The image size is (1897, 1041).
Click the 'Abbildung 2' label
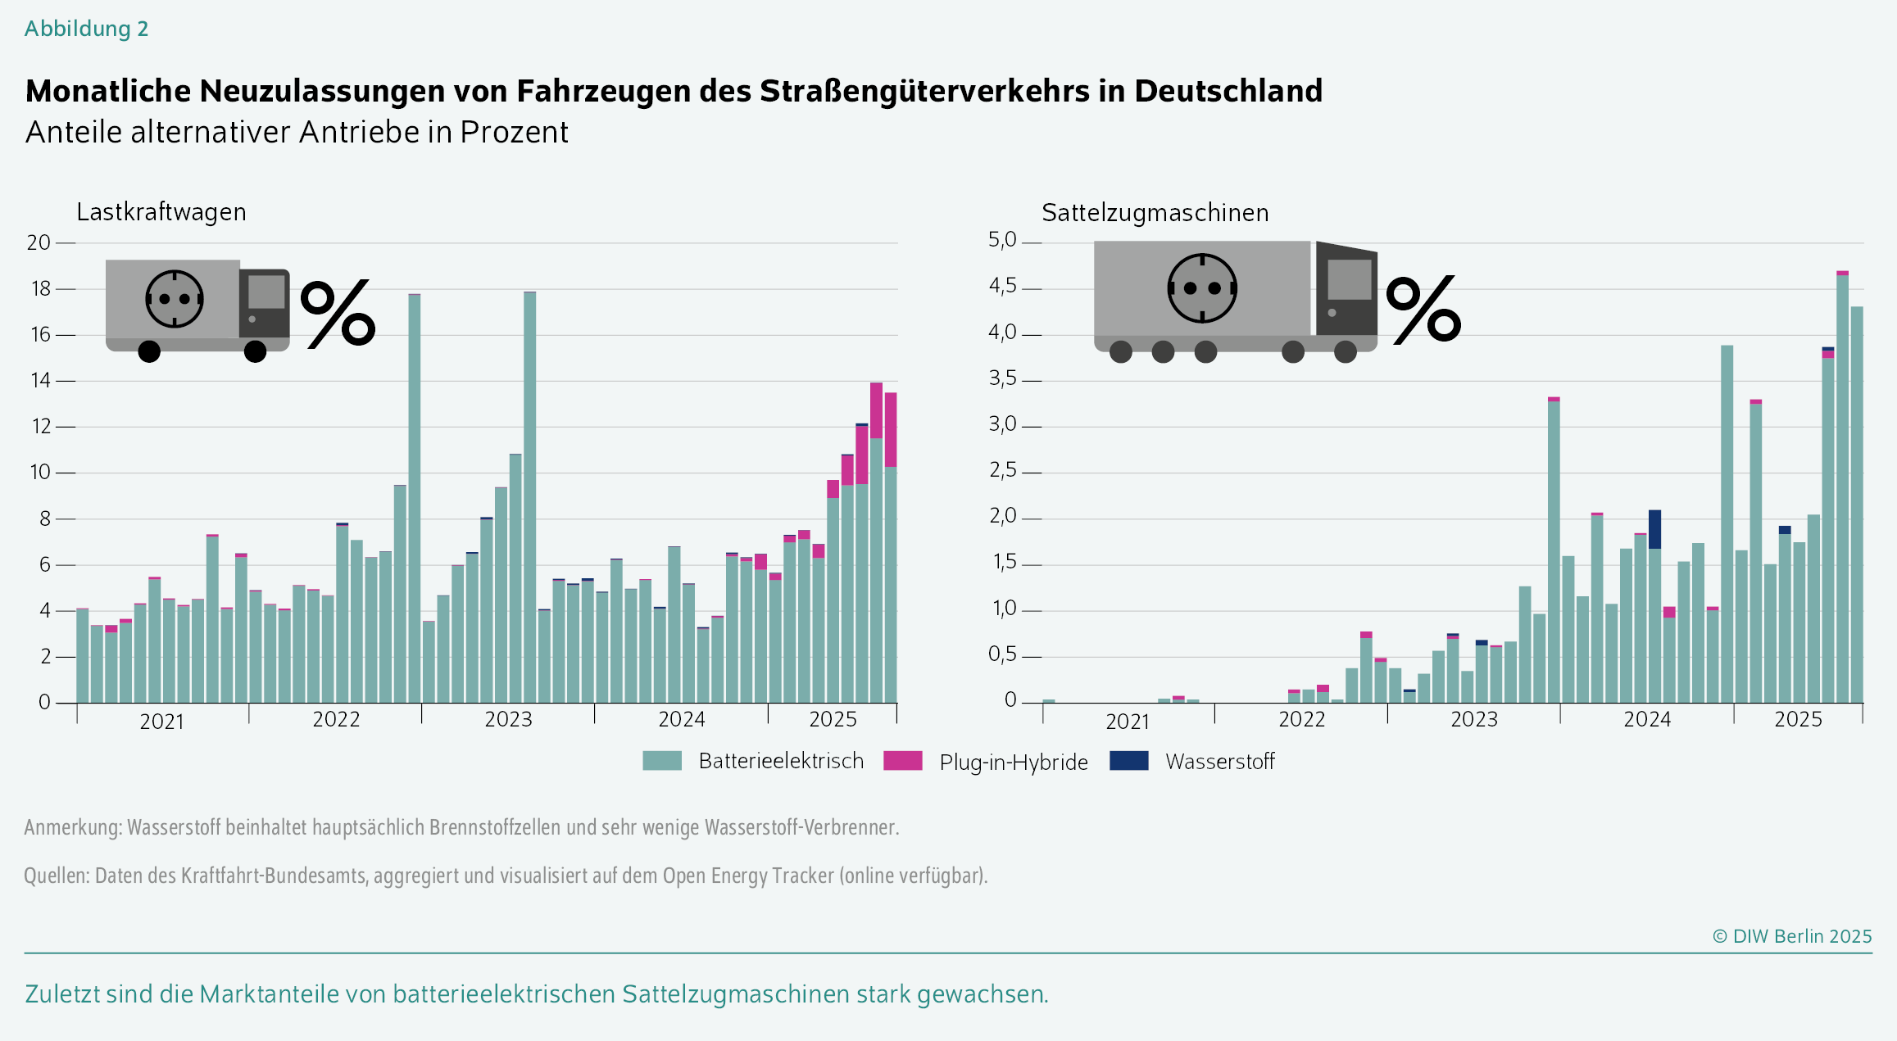(86, 29)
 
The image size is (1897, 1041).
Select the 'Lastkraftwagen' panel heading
(161, 212)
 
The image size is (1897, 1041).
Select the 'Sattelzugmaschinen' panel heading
(1155, 213)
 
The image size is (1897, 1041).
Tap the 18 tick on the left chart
(41, 289)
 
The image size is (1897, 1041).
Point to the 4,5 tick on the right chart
(1002, 286)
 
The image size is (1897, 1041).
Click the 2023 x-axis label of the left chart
(508, 720)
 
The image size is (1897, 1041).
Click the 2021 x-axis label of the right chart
(1128, 722)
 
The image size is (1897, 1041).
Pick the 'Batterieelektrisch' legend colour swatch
(662, 761)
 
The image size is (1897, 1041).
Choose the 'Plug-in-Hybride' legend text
(1013, 763)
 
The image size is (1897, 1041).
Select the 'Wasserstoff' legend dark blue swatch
(1128, 761)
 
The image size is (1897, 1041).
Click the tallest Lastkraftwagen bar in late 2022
(415, 491)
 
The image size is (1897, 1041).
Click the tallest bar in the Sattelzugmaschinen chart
(1842, 491)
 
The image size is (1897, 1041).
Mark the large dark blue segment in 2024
(1654, 529)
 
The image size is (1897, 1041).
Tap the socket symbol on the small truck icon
(174, 299)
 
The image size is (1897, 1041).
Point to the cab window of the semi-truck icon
(1349, 279)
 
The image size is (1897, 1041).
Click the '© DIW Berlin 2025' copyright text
(1792, 936)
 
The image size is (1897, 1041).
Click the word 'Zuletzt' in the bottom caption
(61, 994)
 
